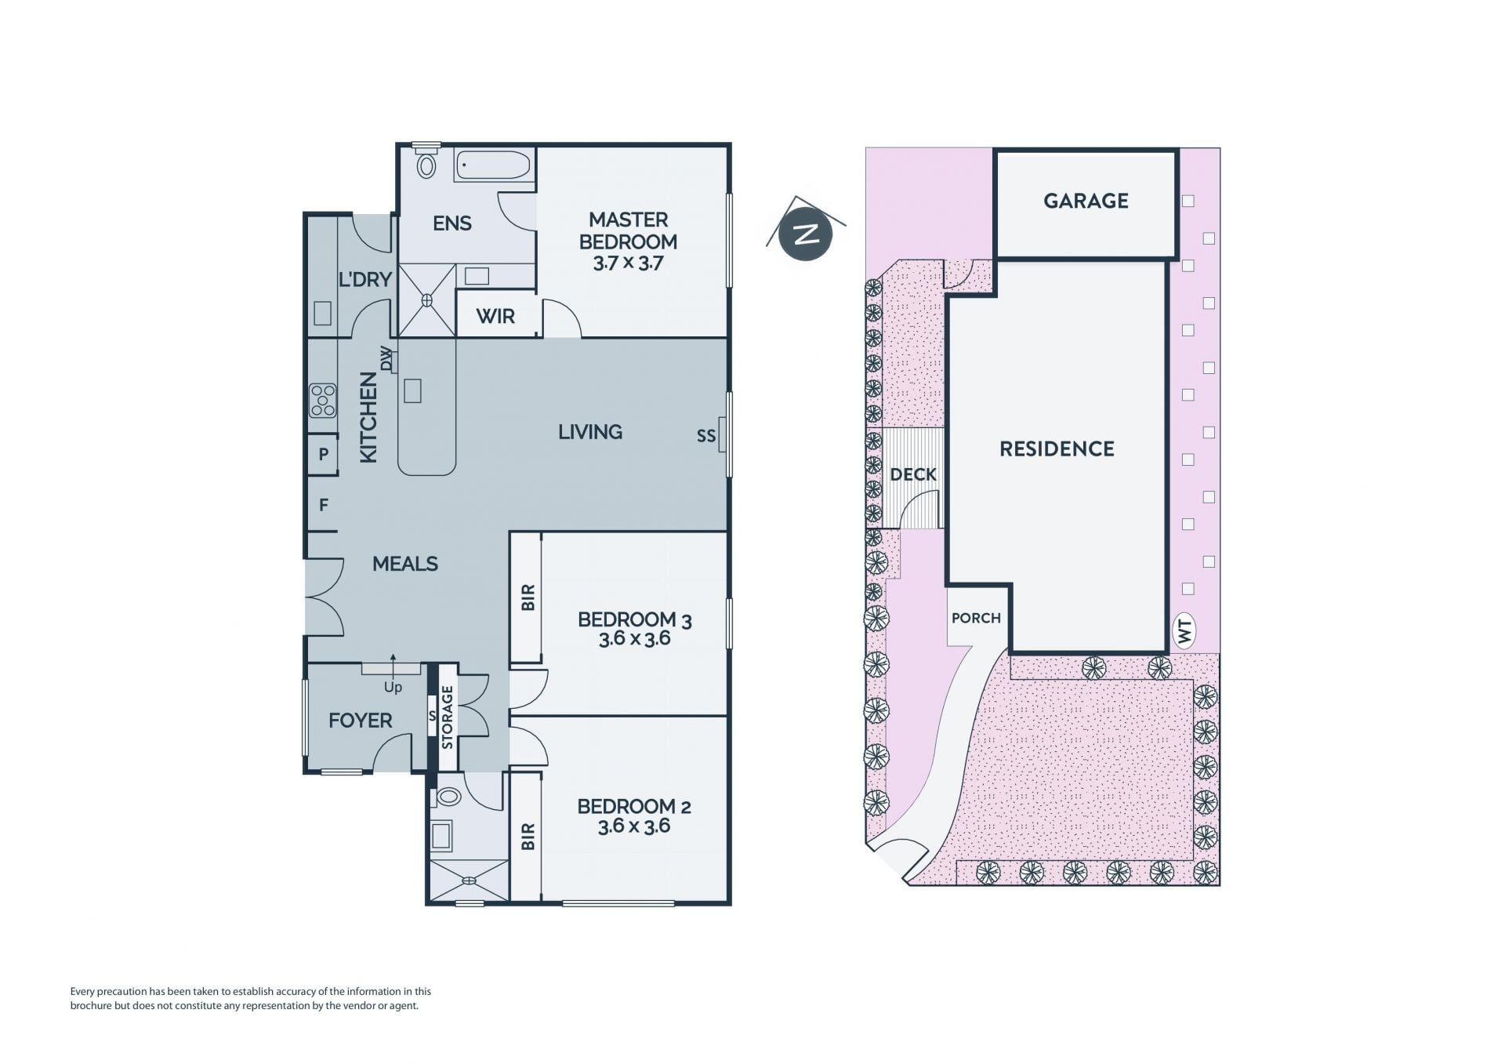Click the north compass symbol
pyautogui.click(x=806, y=233)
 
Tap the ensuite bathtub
pyautogui.click(x=493, y=165)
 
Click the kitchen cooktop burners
pyautogui.click(x=322, y=400)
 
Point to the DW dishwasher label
pyautogui.click(x=386, y=358)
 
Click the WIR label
pyautogui.click(x=495, y=317)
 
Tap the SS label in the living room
pyautogui.click(x=706, y=436)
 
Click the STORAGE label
pyautogui.click(x=447, y=717)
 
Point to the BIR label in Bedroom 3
pyautogui.click(x=528, y=597)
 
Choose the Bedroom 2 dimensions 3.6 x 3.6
pyautogui.click(x=634, y=826)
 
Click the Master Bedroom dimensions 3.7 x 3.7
pyautogui.click(x=628, y=263)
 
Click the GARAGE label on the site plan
pyautogui.click(x=1086, y=201)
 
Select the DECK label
pyautogui.click(x=913, y=474)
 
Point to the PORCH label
pyautogui.click(x=976, y=618)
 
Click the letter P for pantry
pyautogui.click(x=323, y=455)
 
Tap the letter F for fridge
pyautogui.click(x=324, y=506)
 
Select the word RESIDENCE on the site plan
pyautogui.click(x=1057, y=449)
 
